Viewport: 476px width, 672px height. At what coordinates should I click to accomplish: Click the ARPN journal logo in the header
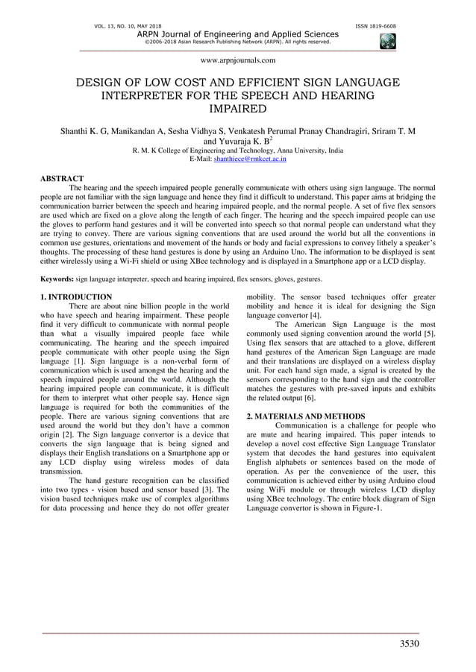point(387,42)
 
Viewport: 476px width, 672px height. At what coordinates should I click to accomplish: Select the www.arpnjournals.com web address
point(238,60)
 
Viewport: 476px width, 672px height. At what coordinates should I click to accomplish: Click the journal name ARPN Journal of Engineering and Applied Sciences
point(238,34)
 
